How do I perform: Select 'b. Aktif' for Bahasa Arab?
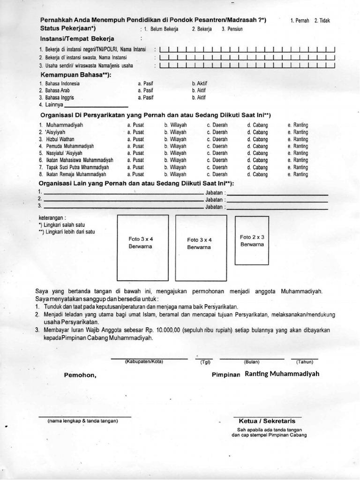click(199, 90)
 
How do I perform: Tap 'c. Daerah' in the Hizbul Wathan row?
click(217, 139)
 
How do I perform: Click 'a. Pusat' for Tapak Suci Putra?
click(135, 167)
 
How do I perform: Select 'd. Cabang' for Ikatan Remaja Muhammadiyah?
click(257, 174)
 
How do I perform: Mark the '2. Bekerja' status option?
click(202, 29)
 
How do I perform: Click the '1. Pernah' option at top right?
click(300, 22)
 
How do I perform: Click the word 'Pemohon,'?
click(80, 375)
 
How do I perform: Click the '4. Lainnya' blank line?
click(104, 105)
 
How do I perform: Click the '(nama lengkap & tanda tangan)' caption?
click(83, 421)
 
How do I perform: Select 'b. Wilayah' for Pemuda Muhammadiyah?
click(175, 146)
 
